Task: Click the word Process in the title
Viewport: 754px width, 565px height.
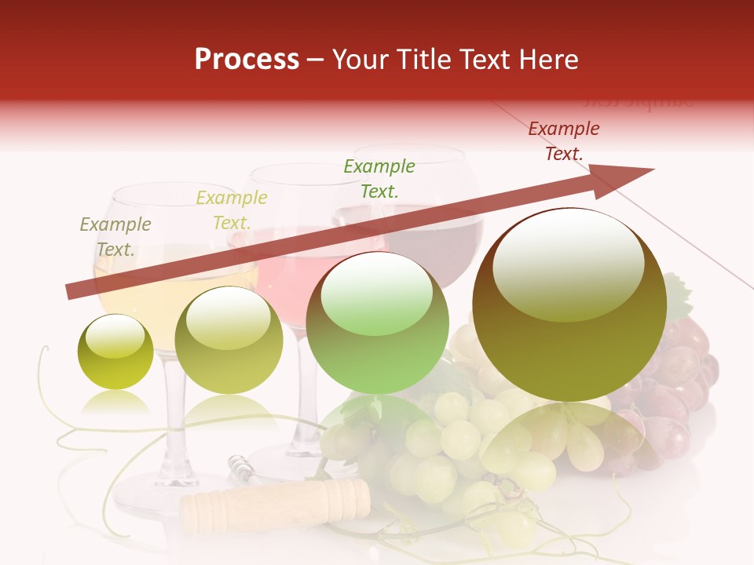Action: [247, 60]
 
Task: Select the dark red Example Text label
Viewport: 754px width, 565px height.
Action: [564, 141]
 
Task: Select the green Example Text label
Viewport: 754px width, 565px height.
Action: [379, 178]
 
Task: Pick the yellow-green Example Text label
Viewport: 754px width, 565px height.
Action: [232, 210]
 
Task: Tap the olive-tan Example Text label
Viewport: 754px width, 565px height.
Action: [115, 236]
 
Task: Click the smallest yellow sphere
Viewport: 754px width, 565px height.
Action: [115, 352]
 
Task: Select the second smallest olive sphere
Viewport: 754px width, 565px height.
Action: [229, 341]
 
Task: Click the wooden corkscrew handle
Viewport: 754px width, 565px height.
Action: [275, 502]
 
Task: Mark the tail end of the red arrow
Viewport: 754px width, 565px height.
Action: [72, 291]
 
